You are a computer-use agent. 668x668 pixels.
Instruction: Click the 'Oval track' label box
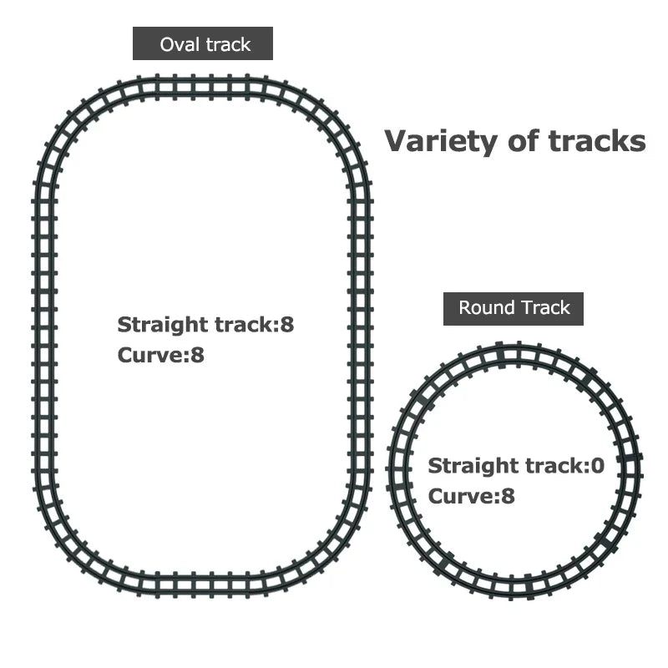click(203, 43)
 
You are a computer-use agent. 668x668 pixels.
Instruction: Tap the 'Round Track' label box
click(514, 309)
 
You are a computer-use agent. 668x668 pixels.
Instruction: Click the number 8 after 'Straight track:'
click(287, 325)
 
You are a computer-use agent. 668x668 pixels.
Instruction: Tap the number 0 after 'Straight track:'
click(598, 466)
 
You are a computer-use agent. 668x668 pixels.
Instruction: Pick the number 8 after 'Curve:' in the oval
click(197, 355)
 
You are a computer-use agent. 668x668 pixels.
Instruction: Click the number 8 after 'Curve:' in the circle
click(508, 496)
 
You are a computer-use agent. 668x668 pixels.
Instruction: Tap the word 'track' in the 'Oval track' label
click(228, 44)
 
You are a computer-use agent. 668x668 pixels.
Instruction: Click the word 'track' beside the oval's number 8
click(245, 325)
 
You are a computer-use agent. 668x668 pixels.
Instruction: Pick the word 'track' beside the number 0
click(555, 466)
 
